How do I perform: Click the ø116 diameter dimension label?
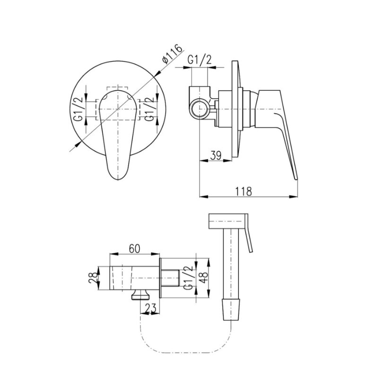tap(172, 54)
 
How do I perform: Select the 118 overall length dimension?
tap(243, 191)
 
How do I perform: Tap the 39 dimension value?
tap(216, 155)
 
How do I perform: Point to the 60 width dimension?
tap(135, 249)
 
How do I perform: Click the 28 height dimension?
tap(93, 277)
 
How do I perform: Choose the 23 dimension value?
tap(151, 308)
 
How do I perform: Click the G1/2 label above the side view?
tap(199, 60)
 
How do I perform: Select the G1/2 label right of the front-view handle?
tap(149, 109)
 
